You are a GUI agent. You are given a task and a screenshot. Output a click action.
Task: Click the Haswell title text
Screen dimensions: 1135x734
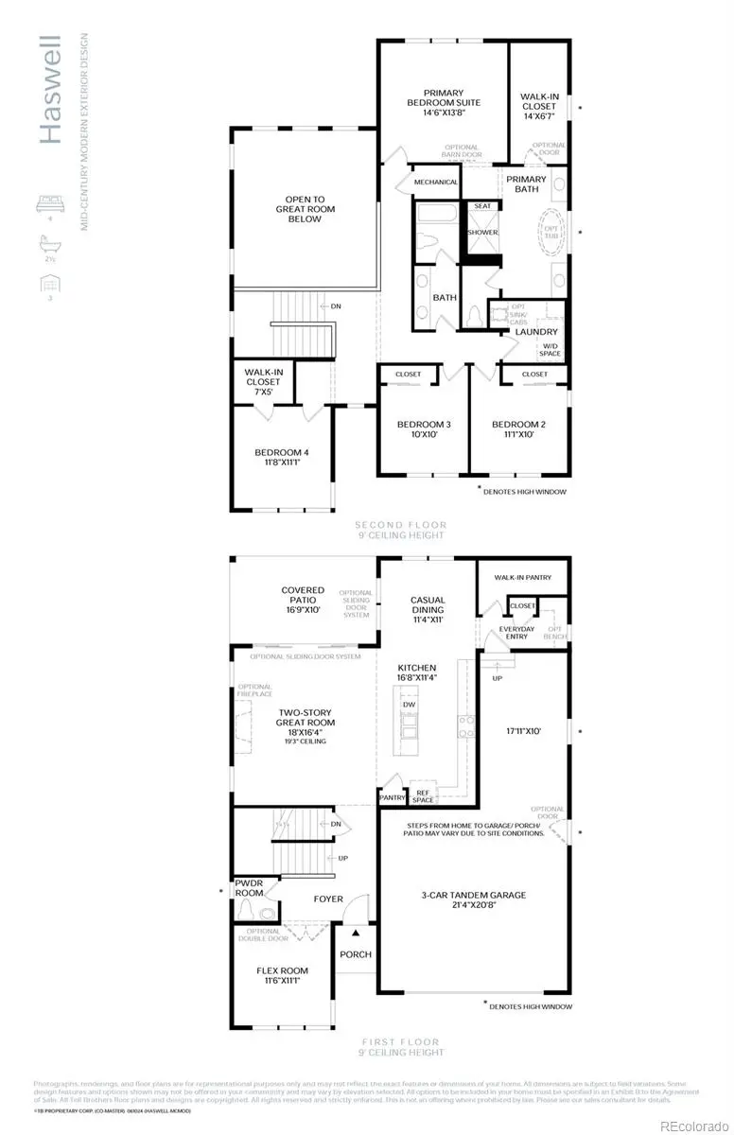50,91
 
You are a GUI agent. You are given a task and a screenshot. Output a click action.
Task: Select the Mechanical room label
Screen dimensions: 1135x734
436,182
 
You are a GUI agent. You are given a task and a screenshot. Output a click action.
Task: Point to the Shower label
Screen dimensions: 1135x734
482,232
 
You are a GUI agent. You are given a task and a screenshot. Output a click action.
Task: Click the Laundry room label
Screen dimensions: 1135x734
536,332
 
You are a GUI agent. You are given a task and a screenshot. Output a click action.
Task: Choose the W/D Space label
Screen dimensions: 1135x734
550,350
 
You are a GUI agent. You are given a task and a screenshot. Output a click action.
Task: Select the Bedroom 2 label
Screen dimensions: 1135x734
519,425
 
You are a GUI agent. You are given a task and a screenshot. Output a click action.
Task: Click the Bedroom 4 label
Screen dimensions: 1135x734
282,452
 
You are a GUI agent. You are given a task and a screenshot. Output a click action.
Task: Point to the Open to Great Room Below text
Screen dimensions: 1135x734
305,209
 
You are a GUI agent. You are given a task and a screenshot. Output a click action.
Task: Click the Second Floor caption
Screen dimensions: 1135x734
400,525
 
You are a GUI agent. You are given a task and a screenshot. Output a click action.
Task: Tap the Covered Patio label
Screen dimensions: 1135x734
303,596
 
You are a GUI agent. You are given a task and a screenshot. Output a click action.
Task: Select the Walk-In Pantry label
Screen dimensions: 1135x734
522,577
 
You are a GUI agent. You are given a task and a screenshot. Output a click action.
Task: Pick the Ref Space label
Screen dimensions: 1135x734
423,796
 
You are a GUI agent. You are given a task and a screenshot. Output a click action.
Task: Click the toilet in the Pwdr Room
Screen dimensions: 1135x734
250,911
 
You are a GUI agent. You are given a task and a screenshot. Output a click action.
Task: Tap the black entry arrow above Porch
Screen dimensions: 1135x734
357,933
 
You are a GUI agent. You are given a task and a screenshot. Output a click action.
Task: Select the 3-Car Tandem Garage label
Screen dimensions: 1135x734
474,895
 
